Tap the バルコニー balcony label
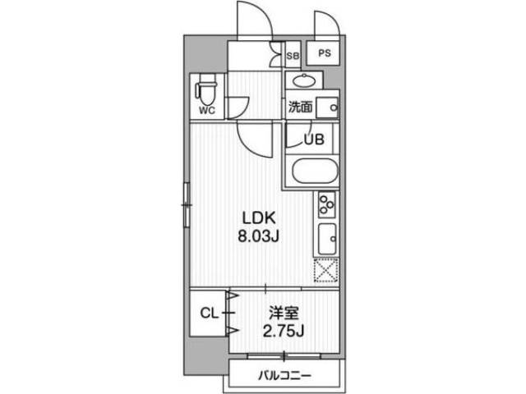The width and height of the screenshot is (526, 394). tap(285, 376)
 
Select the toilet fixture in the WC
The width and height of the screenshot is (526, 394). tap(205, 88)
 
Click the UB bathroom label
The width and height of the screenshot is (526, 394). tap(314, 139)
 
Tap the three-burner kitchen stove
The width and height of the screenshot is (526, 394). tap(325, 204)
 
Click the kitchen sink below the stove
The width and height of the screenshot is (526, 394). tap(325, 239)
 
